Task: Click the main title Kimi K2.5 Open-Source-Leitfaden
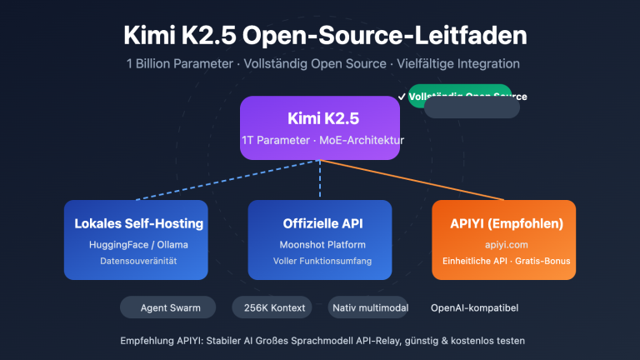[x=320, y=37]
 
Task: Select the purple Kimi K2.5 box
[x=320, y=127]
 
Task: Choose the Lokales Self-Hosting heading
[x=138, y=224]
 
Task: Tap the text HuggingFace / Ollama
[x=138, y=244]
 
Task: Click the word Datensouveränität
[x=138, y=262]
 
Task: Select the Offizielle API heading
[x=320, y=224]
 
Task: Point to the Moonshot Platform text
[x=320, y=244]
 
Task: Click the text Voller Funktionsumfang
[x=320, y=262]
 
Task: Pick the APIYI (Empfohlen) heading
[x=503, y=224]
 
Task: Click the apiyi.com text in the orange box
[x=503, y=244]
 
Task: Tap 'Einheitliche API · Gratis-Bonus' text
[x=503, y=262]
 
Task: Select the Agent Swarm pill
[x=166, y=307]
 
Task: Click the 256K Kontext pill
[x=273, y=307]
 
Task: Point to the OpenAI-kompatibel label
[x=474, y=307]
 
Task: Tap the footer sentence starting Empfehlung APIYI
[x=320, y=341]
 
